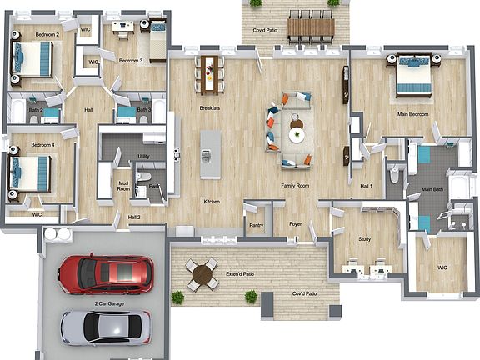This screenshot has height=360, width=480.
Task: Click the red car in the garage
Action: coord(105,273)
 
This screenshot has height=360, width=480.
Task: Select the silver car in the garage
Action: coord(106,327)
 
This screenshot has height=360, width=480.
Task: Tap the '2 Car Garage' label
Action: coord(110,304)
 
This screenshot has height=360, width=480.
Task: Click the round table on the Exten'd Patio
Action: coord(202,273)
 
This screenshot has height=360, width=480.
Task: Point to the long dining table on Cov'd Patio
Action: coord(310,27)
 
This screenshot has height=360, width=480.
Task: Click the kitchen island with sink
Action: coord(211,154)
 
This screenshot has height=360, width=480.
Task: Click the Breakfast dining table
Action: coord(208,72)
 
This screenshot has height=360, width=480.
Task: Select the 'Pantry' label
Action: coord(257,225)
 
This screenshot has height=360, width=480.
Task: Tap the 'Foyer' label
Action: coord(296,224)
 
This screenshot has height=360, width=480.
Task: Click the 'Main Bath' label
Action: coord(432,189)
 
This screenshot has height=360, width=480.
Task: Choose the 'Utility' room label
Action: coord(144,156)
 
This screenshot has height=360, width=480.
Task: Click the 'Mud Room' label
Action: coord(123,187)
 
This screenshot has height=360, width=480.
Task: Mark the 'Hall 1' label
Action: coord(366,186)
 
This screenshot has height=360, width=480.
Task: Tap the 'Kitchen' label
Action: coord(212,201)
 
